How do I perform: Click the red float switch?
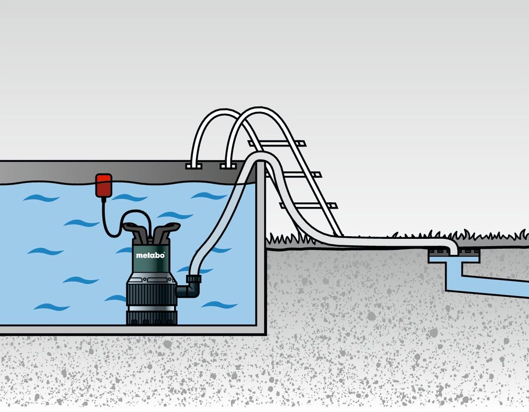pos(104,186)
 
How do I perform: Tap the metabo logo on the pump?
pos(150,255)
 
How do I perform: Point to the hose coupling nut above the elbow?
pos(194,279)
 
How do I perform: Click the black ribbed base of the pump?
pos(151,300)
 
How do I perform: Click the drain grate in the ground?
pos(453,257)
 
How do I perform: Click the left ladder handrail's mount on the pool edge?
pos(193,166)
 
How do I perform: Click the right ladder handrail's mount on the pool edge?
pos(228,166)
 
